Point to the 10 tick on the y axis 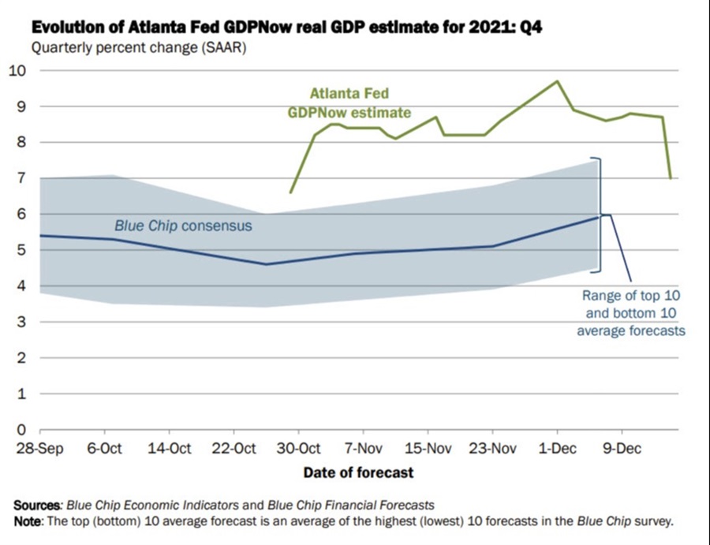tap(17, 70)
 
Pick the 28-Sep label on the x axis tap(39, 450)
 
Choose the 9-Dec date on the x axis tap(622, 450)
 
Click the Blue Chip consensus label tap(183, 226)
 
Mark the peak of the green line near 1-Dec tap(557, 81)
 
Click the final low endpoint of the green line tap(671, 178)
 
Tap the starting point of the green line tap(290, 192)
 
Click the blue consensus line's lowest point tap(265, 264)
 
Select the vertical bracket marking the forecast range tap(600, 215)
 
